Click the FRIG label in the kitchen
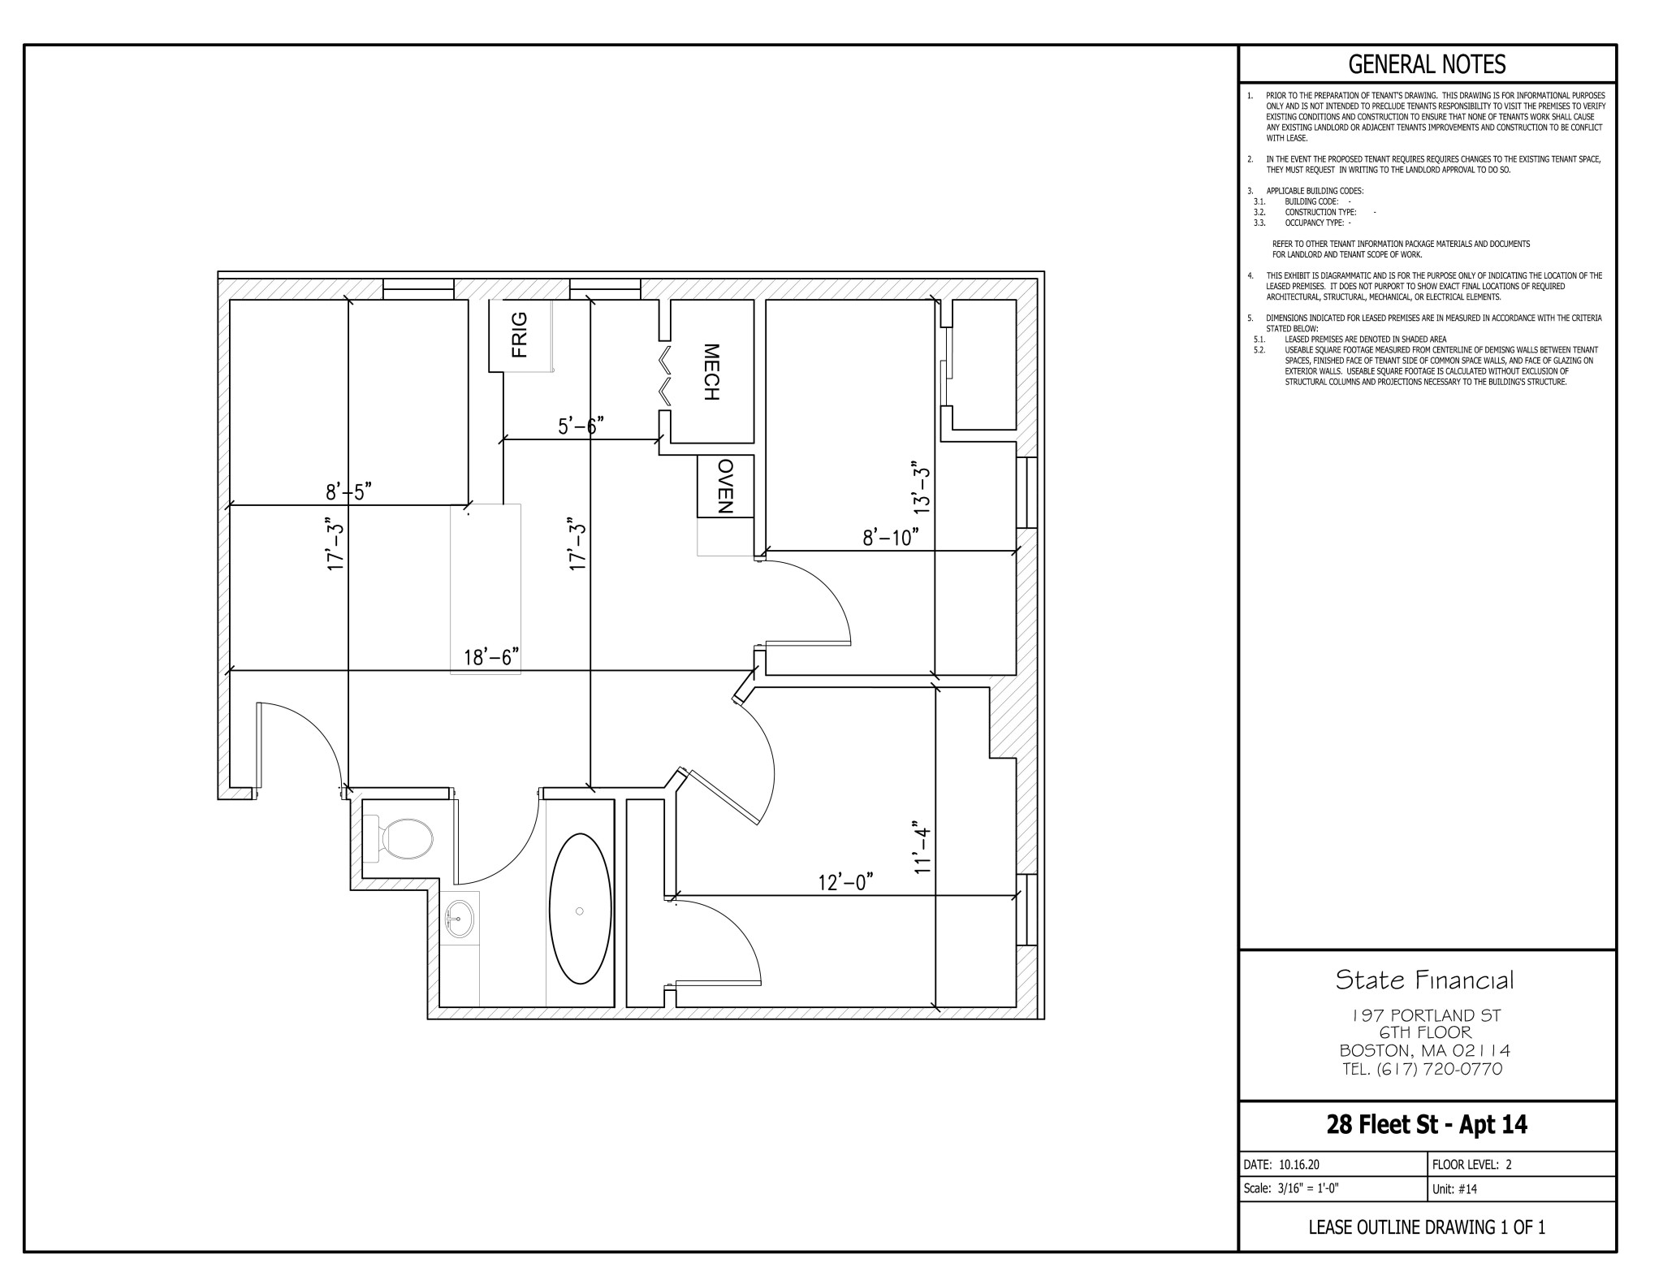tap(520, 335)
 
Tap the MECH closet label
tap(711, 372)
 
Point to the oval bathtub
tap(580, 908)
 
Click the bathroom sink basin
tap(459, 919)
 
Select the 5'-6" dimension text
tap(581, 426)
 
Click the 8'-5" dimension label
tap(348, 491)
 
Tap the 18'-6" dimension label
tap(491, 656)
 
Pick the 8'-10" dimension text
tap(891, 537)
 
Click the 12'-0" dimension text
tap(845, 882)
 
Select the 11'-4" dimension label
tap(921, 846)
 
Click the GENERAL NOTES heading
tap(1427, 63)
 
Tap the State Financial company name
tap(1425, 980)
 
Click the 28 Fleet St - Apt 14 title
tap(1427, 1124)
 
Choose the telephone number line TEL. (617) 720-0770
tap(1423, 1069)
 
